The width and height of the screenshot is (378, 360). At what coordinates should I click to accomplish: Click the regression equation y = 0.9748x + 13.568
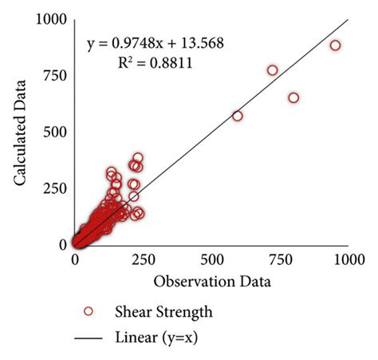pyautogui.click(x=156, y=42)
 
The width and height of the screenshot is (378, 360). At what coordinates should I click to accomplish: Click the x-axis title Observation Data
pyautogui.click(x=212, y=282)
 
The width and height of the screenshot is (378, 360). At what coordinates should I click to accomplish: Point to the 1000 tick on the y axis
pyautogui.click(x=50, y=20)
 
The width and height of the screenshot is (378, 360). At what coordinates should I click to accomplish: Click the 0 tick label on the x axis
pyautogui.click(x=76, y=259)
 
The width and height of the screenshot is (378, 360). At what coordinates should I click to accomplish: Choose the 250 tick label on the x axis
pyautogui.click(x=144, y=259)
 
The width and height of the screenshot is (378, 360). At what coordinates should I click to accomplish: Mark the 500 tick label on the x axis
pyautogui.click(x=212, y=259)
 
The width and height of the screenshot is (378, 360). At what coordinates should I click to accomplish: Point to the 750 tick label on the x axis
pyautogui.click(x=281, y=259)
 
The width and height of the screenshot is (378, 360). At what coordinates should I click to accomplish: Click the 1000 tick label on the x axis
pyautogui.click(x=348, y=259)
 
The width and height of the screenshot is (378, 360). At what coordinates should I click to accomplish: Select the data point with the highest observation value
pyautogui.click(x=335, y=45)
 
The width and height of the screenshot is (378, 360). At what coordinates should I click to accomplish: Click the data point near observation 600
pyautogui.click(x=237, y=116)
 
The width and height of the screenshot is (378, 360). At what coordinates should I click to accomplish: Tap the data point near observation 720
pyautogui.click(x=272, y=70)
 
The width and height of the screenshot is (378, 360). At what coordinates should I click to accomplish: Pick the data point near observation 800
pyautogui.click(x=293, y=97)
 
